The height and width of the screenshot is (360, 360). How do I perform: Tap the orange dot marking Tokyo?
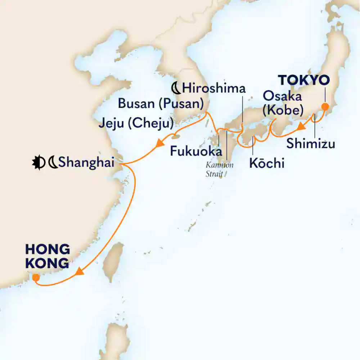click(x=325, y=107)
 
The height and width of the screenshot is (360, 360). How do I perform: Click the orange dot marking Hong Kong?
click(x=36, y=278)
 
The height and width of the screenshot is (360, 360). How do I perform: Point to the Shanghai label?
click(x=86, y=163)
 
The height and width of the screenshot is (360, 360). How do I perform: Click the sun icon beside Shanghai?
click(x=37, y=163)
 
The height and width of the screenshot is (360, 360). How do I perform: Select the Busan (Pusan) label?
click(x=161, y=105)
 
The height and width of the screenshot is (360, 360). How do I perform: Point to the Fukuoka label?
click(x=196, y=151)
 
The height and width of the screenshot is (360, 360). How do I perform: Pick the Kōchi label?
click(x=267, y=163)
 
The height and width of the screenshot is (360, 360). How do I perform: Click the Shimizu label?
click(x=311, y=144)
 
